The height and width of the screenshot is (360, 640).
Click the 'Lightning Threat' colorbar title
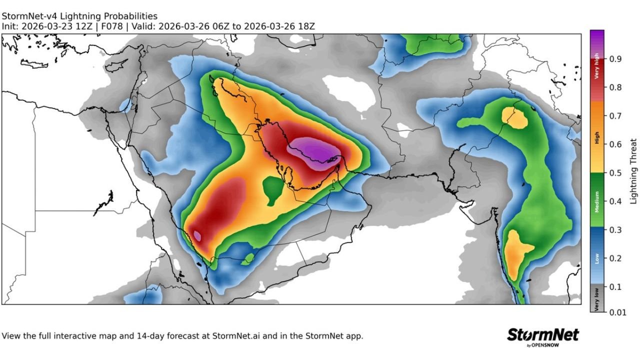pos(633,171)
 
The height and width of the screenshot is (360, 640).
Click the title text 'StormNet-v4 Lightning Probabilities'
pos(79,16)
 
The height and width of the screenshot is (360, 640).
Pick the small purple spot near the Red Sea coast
pos(197,235)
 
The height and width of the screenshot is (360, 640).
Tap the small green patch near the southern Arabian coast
pos(247,259)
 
